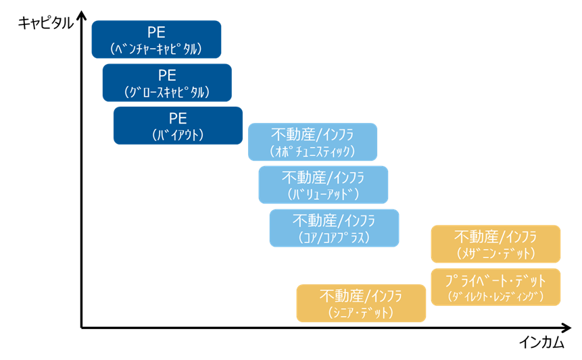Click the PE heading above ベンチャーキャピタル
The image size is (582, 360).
(x=156, y=32)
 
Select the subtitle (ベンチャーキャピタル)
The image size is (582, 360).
(x=156, y=49)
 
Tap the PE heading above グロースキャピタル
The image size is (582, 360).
(x=167, y=75)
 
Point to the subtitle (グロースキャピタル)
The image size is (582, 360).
(x=167, y=92)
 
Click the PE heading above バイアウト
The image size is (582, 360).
(x=178, y=118)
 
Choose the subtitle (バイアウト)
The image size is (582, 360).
(x=178, y=134)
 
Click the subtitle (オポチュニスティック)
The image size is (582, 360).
(x=312, y=151)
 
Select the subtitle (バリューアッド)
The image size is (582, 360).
(x=323, y=194)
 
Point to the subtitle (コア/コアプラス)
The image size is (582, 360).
(x=334, y=237)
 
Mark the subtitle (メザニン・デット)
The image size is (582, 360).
(x=495, y=253)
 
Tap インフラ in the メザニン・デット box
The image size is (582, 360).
(x=520, y=237)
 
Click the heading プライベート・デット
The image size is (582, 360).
(x=495, y=280)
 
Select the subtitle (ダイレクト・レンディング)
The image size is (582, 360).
(x=495, y=296)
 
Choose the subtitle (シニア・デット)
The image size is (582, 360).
(x=361, y=313)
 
